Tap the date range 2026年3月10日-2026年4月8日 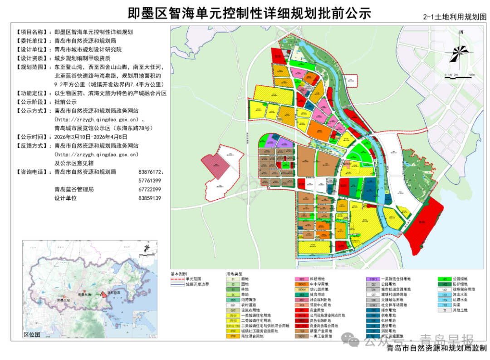pyautogui.click(x=91, y=137)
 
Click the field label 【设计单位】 pyautogui.click(x=31, y=49)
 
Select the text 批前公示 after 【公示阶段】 pyautogui.click(x=65, y=102)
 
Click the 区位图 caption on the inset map pyautogui.click(x=32, y=335)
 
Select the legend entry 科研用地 pyautogui.click(x=317, y=279)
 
